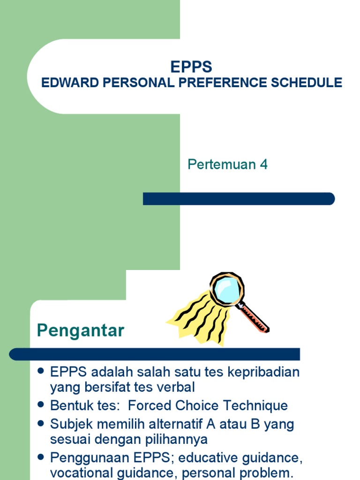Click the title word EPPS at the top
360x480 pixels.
tap(191, 67)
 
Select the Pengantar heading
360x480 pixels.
tap(80, 330)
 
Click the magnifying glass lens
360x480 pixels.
tap(226, 289)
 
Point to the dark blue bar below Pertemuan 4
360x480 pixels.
tap(239, 199)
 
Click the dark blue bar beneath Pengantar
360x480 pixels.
tap(155, 354)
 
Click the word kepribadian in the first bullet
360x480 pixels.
tap(263, 372)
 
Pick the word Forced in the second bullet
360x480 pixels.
tap(149, 405)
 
